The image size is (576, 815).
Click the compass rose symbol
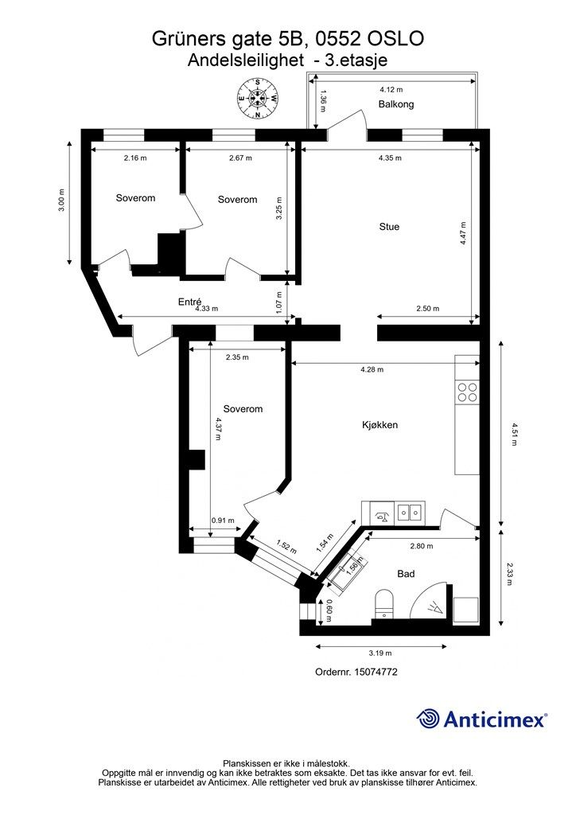[257, 98]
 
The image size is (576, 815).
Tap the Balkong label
[395, 104]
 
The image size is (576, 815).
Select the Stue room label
[389, 227]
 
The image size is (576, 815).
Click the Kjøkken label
[379, 425]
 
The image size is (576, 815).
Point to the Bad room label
[406, 573]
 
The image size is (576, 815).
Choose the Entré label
[189, 302]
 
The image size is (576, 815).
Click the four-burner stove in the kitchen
[466, 392]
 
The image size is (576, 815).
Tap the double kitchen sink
[410, 513]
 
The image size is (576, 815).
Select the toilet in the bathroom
[384, 604]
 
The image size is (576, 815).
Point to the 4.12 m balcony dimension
[391, 90]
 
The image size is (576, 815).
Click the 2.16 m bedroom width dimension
[135, 158]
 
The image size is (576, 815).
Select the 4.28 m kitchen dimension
[372, 369]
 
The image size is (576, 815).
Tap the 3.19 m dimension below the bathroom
[380, 653]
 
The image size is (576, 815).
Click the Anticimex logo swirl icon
[427, 719]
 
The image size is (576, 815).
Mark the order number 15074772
[376, 672]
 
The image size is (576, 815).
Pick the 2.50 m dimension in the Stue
[428, 308]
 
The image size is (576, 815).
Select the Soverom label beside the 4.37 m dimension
[243, 409]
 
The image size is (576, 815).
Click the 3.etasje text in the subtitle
[356, 60]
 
